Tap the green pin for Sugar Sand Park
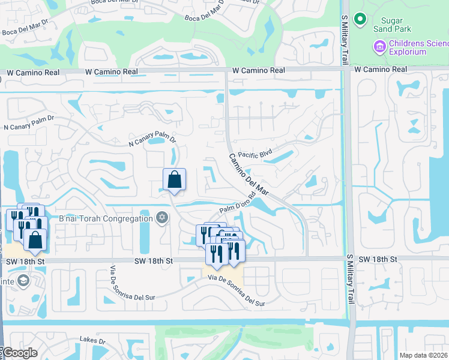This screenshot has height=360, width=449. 360,19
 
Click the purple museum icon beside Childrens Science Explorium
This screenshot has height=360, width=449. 379,46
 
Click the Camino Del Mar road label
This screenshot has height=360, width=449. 248,175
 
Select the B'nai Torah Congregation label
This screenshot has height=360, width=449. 106,218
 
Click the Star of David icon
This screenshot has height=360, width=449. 161,218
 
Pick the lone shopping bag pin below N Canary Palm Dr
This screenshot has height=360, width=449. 174,179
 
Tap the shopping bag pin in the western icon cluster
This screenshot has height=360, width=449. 36,239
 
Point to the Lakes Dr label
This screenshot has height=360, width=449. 92,341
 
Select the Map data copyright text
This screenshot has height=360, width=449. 424,355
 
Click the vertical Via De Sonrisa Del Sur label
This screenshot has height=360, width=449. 112,286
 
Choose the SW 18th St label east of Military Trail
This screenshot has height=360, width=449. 378,259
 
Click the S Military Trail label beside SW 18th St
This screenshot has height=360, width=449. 350,273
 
